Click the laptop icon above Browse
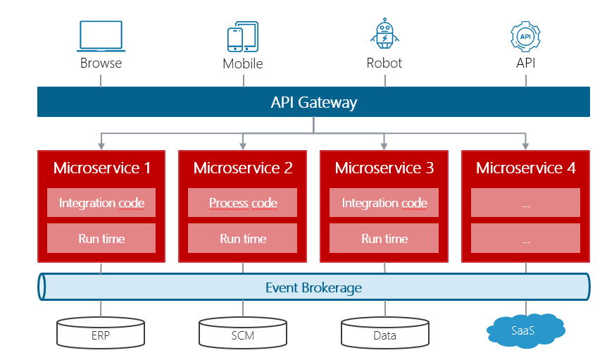click(x=101, y=36)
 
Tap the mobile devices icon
click(x=242, y=37)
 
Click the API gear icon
click(x=525, y=36)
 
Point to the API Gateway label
click(x=313, y=102)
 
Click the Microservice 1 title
click(x=102, y=168)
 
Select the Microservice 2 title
click(x=243, y=168)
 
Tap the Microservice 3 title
click(x=384, y=168)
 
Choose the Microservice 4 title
click(x=525, y=168)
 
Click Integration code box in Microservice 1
click(x=101, y=203)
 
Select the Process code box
click(x=243, y=203)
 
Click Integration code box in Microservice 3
click(x=384, y=203)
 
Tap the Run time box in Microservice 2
click(x=243, y=238)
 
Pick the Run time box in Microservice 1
click(x=101, y=238)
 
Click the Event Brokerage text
click(x=313, y=287)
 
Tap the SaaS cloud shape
click(x=525, y=329)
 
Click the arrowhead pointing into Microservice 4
click(x=525, y=146)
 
